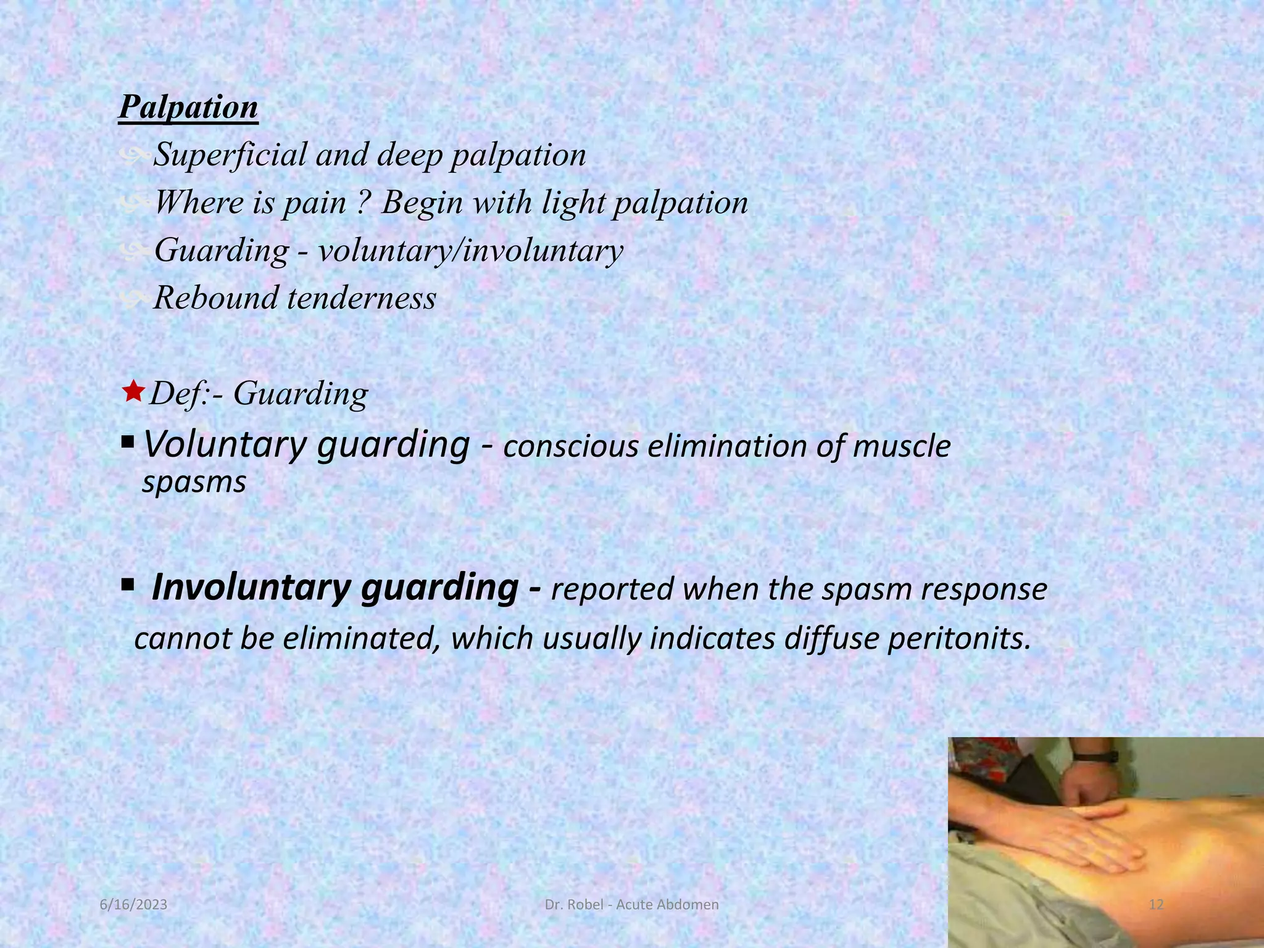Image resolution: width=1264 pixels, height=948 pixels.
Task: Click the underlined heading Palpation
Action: [x=188, y=108]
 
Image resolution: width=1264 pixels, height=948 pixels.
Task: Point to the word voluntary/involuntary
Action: [x=470, y=251]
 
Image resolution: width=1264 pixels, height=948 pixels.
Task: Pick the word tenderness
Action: [x=362, y=297]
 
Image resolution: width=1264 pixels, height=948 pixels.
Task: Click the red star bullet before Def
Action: [x=133, y=391]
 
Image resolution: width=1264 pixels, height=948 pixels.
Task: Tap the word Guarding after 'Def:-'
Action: [x=301, y=394]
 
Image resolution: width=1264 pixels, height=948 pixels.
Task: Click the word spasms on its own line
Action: [x=194, y=482]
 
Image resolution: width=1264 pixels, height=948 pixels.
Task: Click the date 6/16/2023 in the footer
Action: [x=134, y=905]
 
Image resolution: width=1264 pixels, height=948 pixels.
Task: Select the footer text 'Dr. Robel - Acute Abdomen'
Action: [x=632, y=905]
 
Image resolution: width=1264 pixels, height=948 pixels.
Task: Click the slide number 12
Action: [x=1156, y=905]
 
